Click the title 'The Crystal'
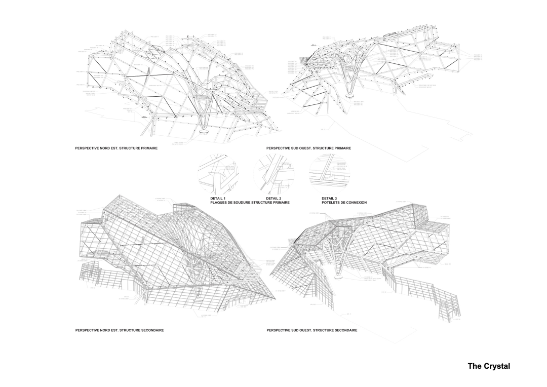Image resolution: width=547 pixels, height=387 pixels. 488,365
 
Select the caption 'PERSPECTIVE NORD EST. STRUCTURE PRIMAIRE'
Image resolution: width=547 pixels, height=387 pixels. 116,148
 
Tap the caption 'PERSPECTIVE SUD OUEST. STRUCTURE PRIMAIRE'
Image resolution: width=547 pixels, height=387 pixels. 308,148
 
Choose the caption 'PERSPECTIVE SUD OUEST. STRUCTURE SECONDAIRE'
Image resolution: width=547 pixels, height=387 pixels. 311,330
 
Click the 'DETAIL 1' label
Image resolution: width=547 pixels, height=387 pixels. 218,198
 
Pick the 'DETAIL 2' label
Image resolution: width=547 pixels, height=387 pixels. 273,198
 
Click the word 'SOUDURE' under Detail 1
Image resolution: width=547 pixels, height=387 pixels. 241,202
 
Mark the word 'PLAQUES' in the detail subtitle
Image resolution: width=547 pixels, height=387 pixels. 219,202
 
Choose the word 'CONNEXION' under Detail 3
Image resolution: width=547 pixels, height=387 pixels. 356,202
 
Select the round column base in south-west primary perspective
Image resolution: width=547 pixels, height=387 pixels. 348,93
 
